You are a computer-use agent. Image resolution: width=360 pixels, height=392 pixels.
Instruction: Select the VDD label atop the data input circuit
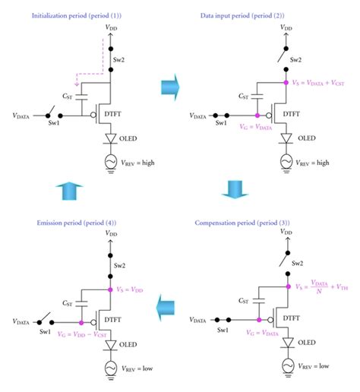[285, 27]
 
